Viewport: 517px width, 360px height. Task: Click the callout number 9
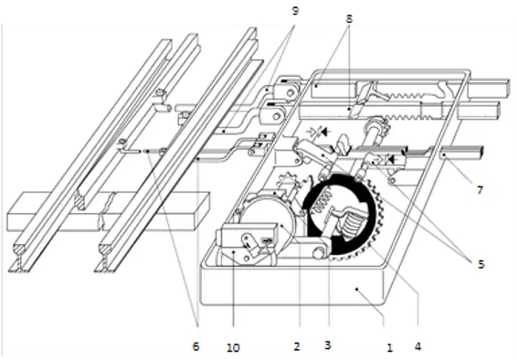[x=295, y=11]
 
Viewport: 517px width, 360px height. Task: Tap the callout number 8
[x=349, y=19]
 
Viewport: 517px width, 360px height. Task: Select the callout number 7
[x=480, y=190]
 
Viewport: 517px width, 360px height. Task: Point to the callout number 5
[x=481, y=264]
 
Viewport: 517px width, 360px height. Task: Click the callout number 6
[x=195, y=346]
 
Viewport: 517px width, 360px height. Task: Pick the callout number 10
[x=234, y=348]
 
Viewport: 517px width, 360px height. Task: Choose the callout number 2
[x=297, y=346]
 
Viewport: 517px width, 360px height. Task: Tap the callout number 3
[x=327, y=345]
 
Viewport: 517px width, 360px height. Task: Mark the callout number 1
[x=390, y=347]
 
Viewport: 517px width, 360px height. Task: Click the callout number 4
[x=417, y=346]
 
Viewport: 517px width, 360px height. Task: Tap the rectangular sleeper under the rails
[x=109, y=211]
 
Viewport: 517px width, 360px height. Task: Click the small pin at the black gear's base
[x=320, y=253]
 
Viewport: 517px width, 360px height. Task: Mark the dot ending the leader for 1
[x=356, y=289]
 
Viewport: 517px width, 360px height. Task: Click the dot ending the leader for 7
[x=445, y=154]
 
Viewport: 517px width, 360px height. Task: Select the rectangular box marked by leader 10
[x=247, y=236]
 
